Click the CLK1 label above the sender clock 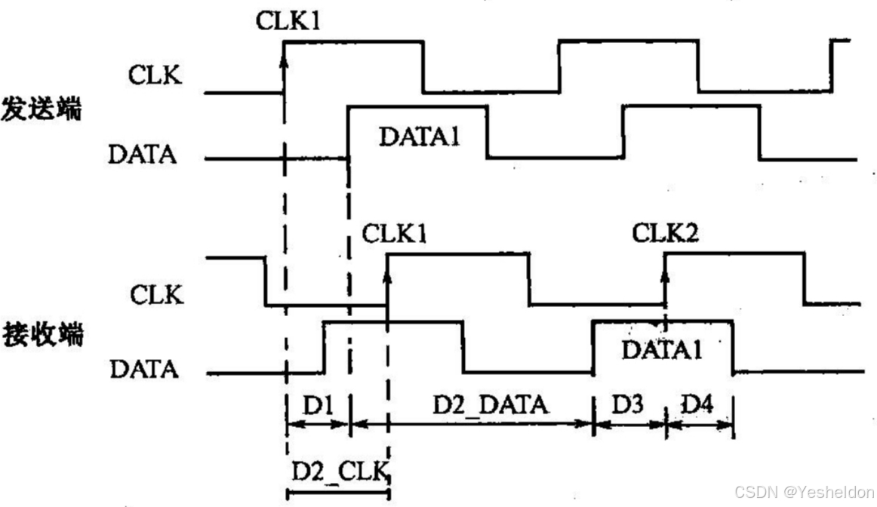(x=288, y=20)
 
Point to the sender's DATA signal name (x=143, y=155)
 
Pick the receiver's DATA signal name (x=144, y=370)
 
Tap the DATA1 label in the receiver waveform (x=663, y=349)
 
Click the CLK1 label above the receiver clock (x=394, y=233)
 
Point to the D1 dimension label (x=318, y=406)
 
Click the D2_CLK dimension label (x=339, y=472)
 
